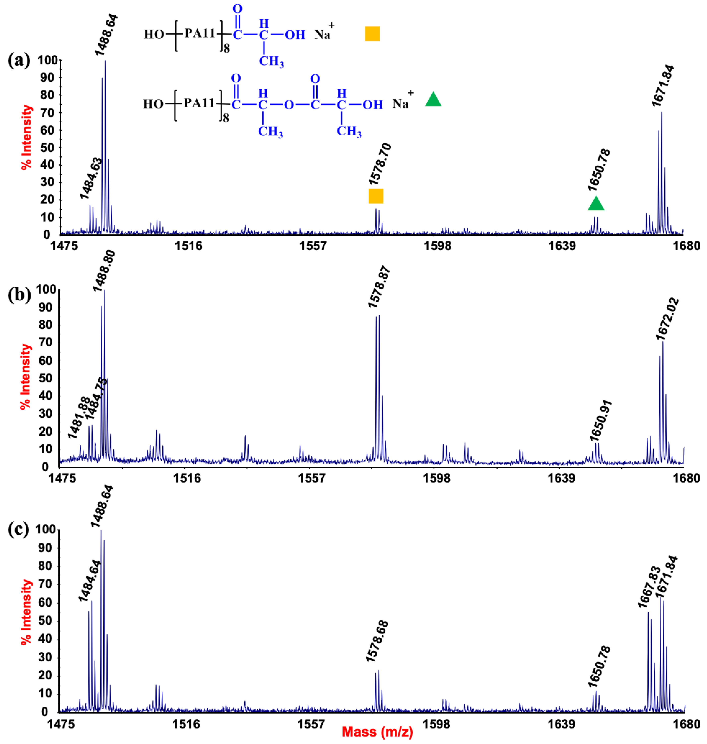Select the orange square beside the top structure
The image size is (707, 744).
372,33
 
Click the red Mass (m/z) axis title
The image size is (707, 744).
378,732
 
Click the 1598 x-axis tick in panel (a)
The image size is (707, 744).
438,246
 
